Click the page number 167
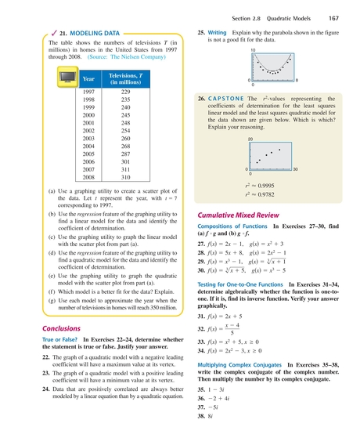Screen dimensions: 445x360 point(334,18)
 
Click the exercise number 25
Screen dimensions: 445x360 point(201,32)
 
